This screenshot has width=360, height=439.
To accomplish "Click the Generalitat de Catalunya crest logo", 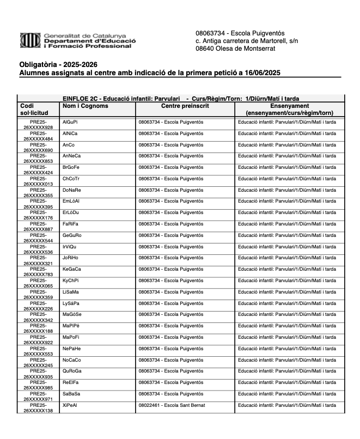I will pos(30,40).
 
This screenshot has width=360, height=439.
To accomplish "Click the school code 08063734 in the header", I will pos(210,33).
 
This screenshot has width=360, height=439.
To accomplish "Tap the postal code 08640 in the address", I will pos(206,48).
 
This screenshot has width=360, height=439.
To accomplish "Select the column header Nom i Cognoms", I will pos(86,106).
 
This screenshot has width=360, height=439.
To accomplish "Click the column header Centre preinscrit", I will pos(185,106).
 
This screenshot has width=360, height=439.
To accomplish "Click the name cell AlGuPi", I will pos(70,122).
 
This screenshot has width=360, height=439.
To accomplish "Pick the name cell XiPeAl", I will pos(70,405).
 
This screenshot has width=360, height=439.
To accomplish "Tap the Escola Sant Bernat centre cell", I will pos(172,405).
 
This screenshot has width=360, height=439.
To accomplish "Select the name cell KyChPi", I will pos(71,281).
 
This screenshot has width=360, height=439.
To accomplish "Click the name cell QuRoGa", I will pos(72,371).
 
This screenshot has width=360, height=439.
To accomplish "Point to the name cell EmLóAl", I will pos(71,201).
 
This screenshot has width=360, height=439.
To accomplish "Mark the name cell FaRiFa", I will pos(71,224).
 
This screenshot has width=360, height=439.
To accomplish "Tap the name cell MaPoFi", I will pos(71,337).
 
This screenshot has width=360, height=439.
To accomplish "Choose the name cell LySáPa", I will pos(71,303).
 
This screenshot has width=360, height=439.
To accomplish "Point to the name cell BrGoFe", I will pos(71,167).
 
